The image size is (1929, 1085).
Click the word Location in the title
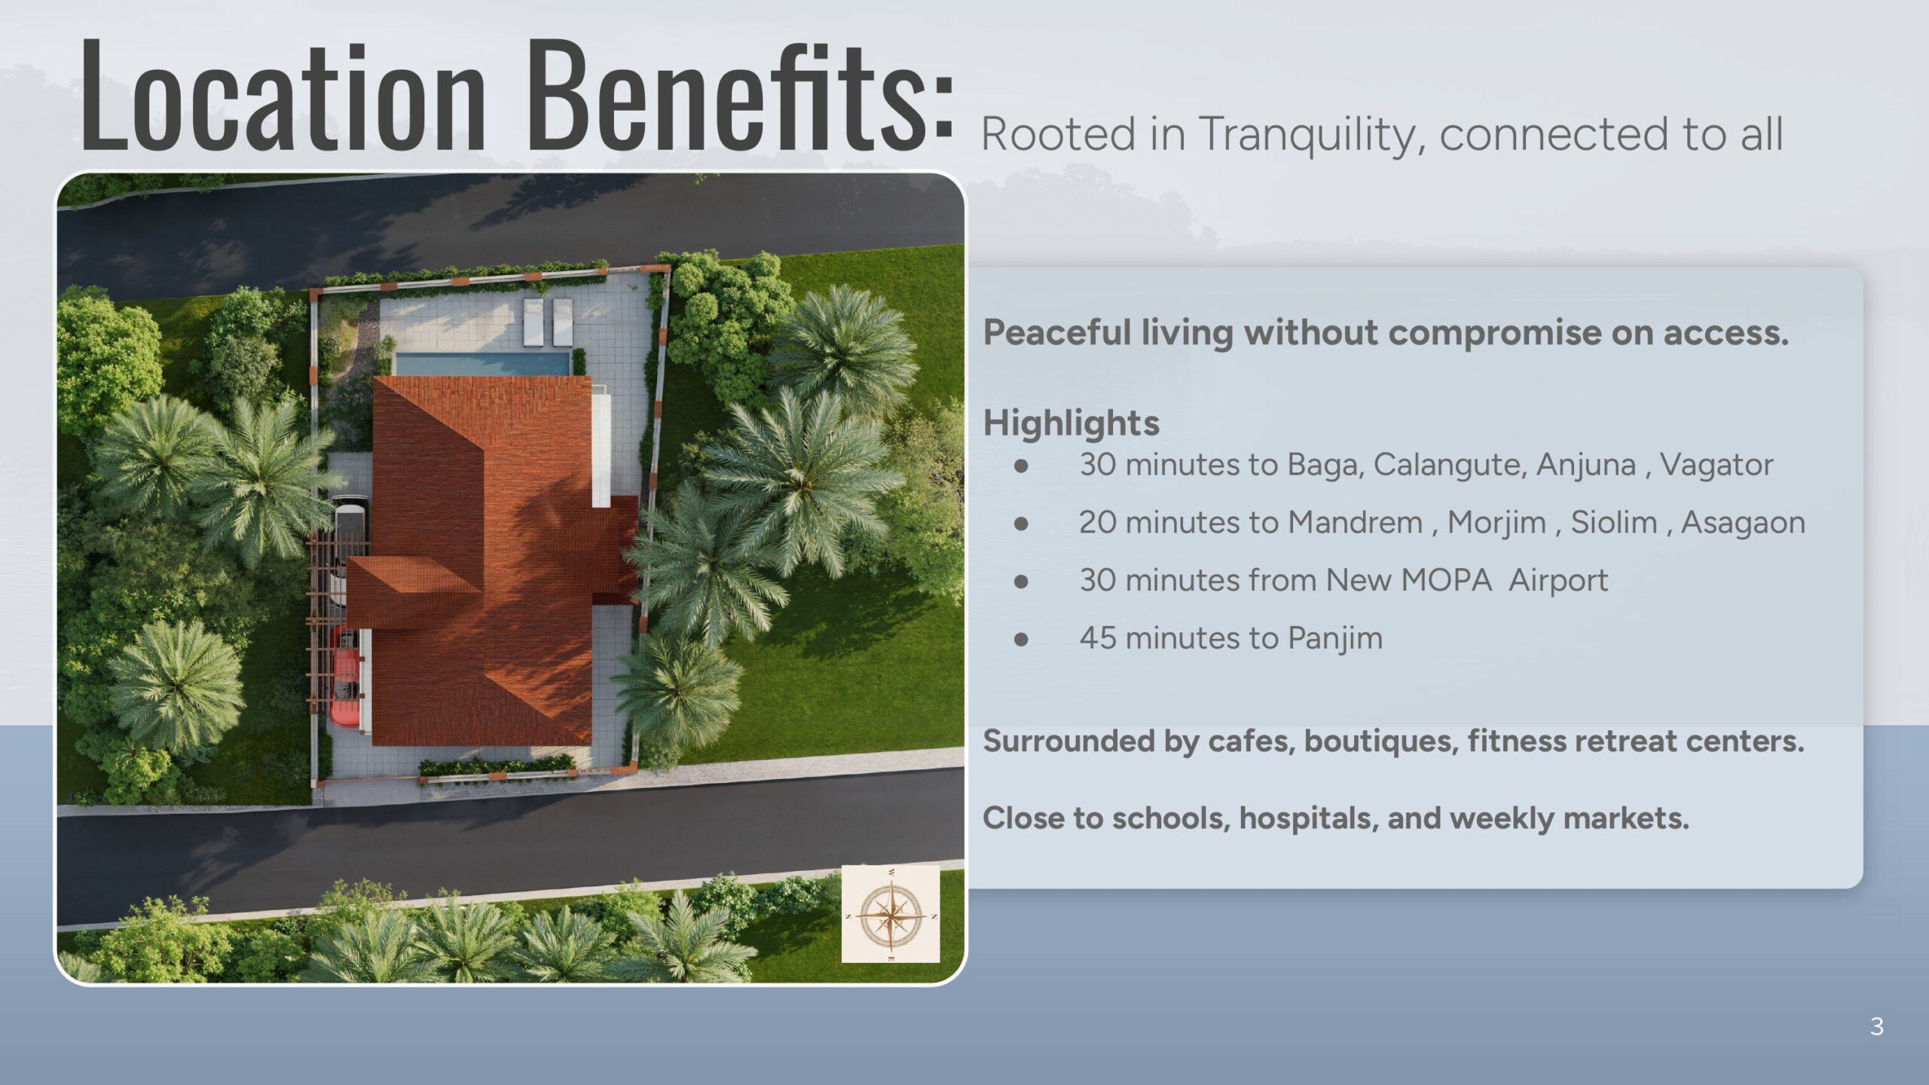click(283, 96)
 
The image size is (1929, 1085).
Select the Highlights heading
click(1071, 423)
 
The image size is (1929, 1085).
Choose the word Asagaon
click(1743, 523)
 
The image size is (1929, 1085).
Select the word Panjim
click(1335, 638)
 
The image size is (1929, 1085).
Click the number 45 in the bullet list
click(1098, 638)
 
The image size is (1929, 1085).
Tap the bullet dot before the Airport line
click(1021, 581)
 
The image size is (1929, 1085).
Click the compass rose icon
click(891, 914)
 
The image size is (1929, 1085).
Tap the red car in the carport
click(346, 677)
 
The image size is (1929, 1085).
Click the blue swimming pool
click(483, 365)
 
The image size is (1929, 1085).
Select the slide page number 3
click(1877, 1026)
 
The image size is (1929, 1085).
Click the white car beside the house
click(350, 551)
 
